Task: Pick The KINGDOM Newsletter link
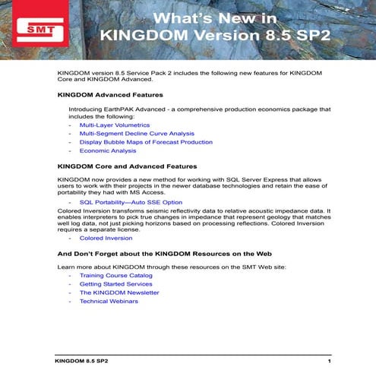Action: click(119, 292)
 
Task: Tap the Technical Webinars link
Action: click(109, 302)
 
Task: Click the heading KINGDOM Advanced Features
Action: click(109, 95)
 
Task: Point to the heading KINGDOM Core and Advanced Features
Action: click(127, 165)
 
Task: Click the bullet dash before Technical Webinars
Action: click(71, 302)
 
